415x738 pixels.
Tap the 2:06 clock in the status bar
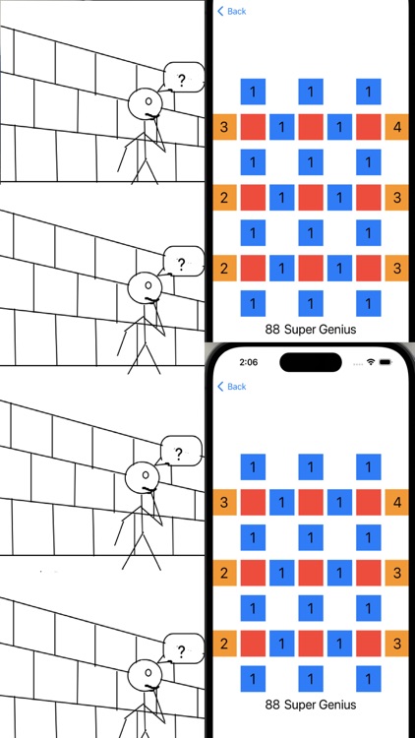coord(248,362)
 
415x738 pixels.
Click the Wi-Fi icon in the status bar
coord(371,362)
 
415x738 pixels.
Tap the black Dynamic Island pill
coord(310,362)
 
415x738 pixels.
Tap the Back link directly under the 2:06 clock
coord(232,387)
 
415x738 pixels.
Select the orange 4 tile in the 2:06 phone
coord(396,503)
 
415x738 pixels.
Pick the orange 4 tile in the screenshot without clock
coord(396,127)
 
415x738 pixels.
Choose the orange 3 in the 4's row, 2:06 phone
coord(224,503)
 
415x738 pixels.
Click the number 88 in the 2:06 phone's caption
coord(272,705)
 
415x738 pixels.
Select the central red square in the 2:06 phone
coord(311,573)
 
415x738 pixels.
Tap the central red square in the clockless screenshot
coord(311,197)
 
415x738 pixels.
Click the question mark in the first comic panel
coord(181,76)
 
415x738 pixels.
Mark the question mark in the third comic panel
coord(179,454)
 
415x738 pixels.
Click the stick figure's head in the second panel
coord(146,286)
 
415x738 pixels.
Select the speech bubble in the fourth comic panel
coord(181,650)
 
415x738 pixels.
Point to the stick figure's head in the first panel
coord(146,101)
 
